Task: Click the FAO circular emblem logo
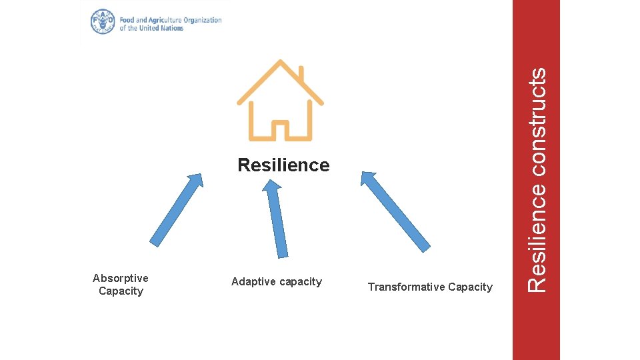click(x=103, y=22)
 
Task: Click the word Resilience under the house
click(x=283, y=165)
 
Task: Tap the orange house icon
click(x=281, y=100)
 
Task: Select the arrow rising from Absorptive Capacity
click(x=176, y=210)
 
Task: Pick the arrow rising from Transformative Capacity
click(x=395, y=211)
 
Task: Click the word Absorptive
click(x=121, y=278)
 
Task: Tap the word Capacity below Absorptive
click(x=121, y=291)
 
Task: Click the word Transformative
click(x=406, y=287)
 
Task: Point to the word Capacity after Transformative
click(x=470, y=287)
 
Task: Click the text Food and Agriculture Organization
click(x=171, y=20)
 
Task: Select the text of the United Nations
click(x=151, y=29)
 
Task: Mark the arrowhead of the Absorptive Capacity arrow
click(x=195, y=181)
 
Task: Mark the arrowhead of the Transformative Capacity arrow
click(x=369, y=179)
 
